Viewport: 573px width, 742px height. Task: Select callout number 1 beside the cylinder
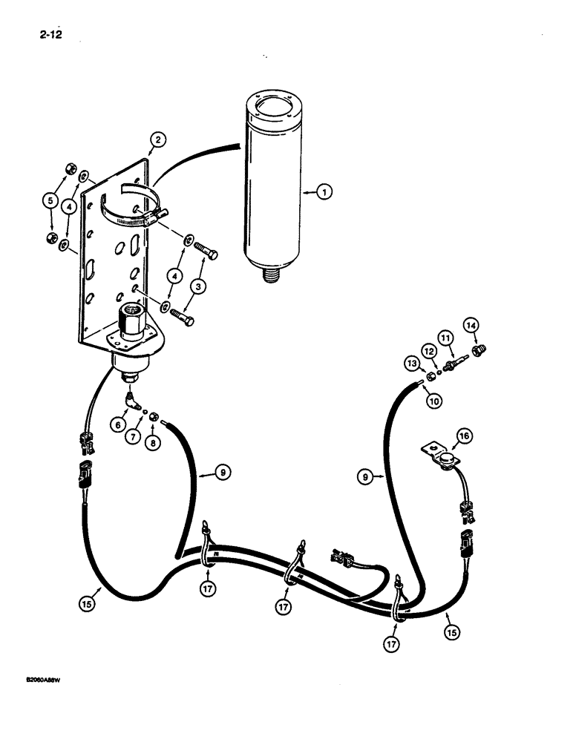323,192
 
